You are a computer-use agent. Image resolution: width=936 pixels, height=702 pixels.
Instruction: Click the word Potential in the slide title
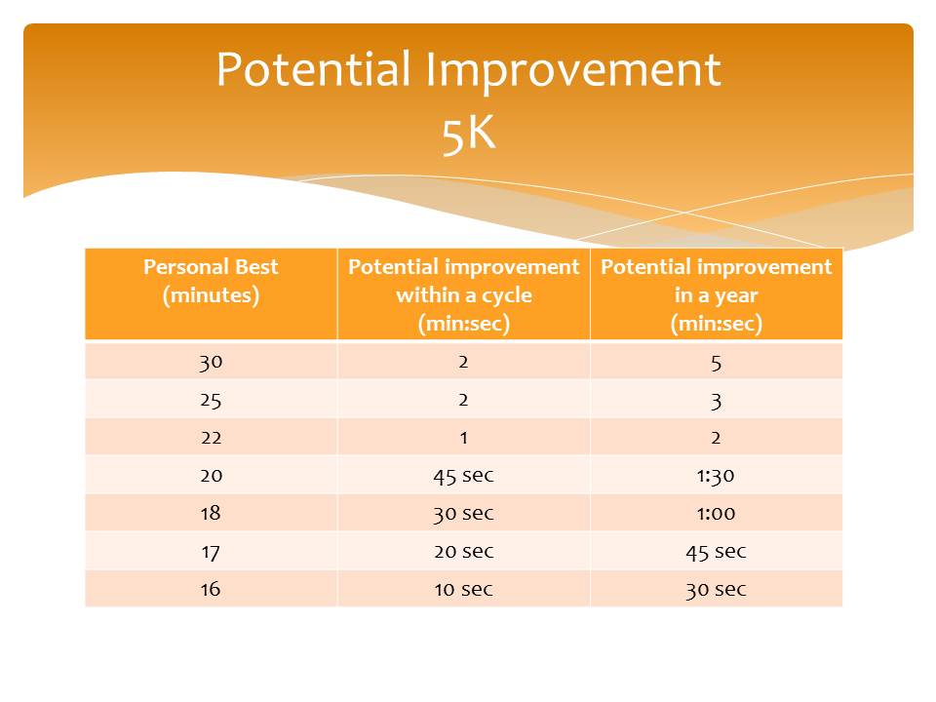pos(313,69)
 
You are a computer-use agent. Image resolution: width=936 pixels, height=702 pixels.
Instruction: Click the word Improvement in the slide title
pos(573,71)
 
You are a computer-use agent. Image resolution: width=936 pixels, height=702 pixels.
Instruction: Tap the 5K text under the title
pos(469,134)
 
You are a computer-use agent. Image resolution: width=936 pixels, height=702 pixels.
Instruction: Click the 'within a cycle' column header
pos(464,294)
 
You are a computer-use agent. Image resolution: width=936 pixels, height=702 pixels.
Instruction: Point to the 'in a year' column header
pos(717,294)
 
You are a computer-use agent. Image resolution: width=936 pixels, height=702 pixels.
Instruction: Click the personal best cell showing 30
pos(211,362)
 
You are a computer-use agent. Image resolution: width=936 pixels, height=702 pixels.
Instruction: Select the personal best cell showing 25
pos(211,400)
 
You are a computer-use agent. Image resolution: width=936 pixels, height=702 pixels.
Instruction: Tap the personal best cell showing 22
pos(211,438)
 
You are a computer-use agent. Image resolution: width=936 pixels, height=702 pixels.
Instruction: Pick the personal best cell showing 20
pos(211,476)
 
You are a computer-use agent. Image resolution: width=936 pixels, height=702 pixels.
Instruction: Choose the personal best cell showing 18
pos(211,514)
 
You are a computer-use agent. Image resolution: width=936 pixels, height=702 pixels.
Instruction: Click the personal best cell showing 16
pos(211,589)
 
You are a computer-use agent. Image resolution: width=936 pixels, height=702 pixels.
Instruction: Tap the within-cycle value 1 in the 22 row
pos(464,438)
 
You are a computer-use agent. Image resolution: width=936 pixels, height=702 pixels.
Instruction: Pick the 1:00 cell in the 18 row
pos(716,514)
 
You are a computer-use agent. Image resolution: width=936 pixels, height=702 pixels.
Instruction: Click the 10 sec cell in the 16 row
pos(464,589)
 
